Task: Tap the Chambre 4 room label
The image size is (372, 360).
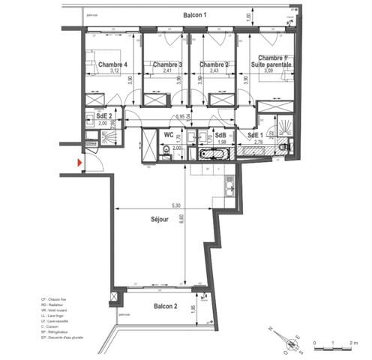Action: (x=111, y=64)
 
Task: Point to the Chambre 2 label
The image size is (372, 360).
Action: (x=213, y=64)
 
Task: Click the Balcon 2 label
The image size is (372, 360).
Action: (x=165, y=307)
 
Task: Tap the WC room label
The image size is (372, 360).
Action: (x=169, y=135)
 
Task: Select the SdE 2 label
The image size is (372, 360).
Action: (x=103, y=117)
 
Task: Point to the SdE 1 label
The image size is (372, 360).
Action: (x=256, y=135)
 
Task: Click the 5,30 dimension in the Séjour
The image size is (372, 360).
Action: (x=175, y=205)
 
